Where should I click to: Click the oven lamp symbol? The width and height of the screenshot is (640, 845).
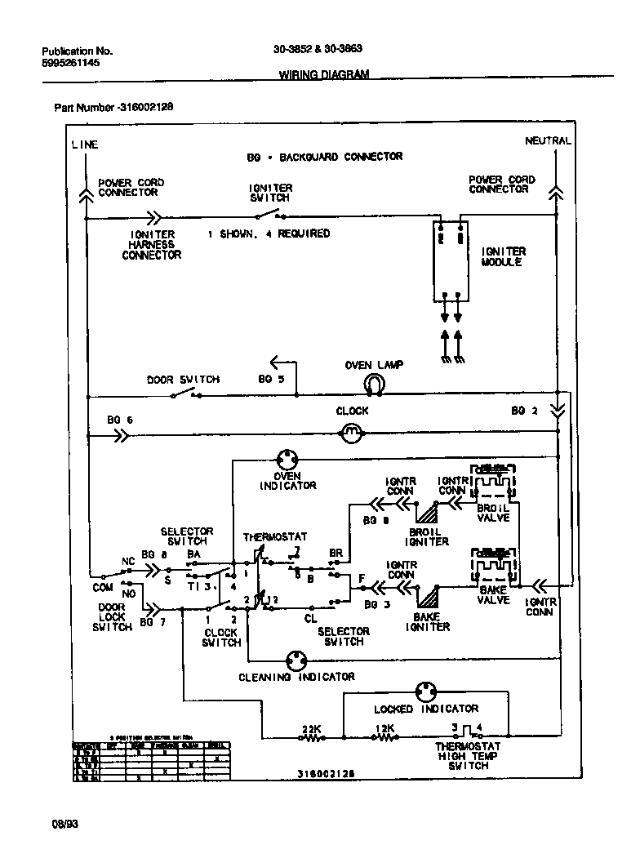point(374,383)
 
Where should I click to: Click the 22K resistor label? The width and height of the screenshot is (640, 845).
point(311,728)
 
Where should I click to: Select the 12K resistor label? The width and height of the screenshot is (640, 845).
point(384,728)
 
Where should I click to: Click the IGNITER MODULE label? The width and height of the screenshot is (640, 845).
point(503,257)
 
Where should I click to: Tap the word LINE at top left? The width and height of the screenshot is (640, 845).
point(84,145)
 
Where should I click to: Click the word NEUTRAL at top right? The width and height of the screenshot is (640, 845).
point(548,140)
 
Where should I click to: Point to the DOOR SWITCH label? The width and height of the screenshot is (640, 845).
point(183,380)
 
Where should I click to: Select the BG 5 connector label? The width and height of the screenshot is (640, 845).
point(271,380)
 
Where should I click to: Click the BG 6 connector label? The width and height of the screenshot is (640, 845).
point(119,420)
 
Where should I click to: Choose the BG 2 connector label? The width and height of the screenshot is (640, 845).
point(524,411)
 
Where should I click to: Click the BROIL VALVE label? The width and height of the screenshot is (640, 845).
point(493,513)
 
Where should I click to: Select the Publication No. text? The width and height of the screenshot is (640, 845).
point(77,51)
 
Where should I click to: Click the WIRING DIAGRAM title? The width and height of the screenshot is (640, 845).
point(324,74)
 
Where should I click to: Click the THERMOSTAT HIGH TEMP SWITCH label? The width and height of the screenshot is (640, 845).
point(468,756)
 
